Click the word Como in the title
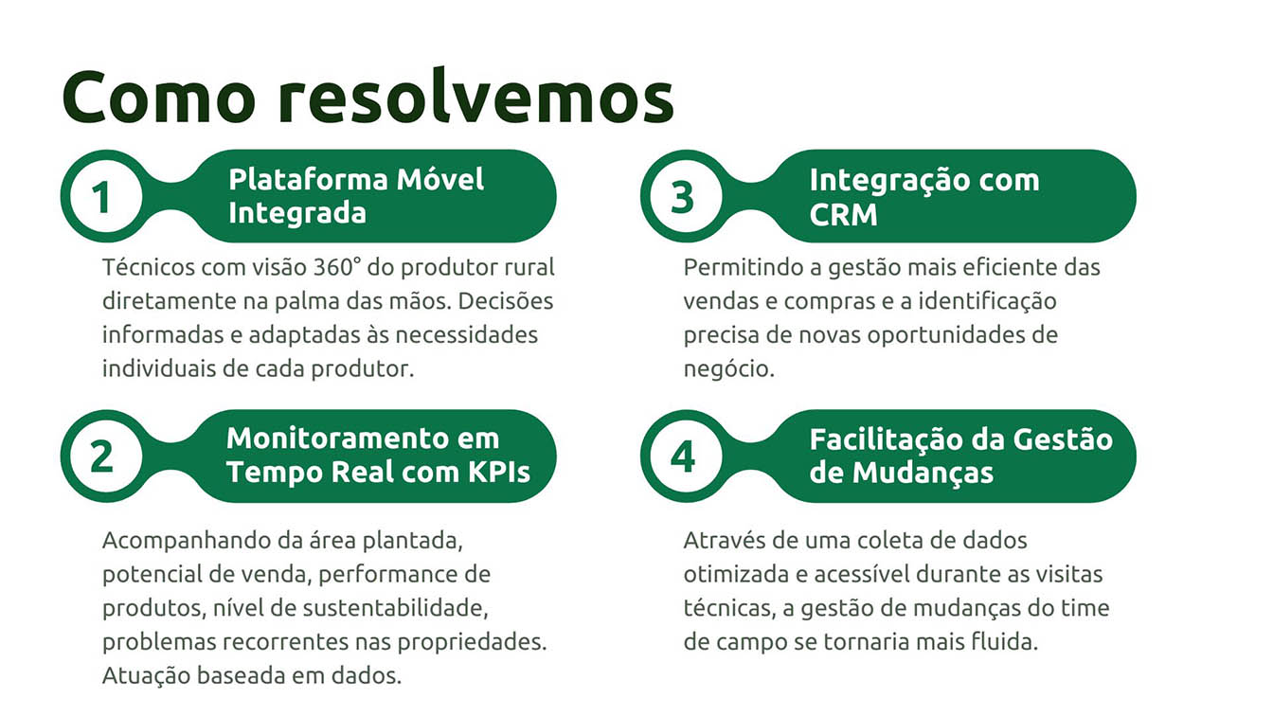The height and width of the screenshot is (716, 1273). coord(159,97)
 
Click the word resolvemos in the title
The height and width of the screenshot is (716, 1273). coord(475,96)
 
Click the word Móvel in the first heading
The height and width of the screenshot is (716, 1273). coord(439,179)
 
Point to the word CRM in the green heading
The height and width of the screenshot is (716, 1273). coord(843,215)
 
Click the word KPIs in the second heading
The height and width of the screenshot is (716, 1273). coord(499,473)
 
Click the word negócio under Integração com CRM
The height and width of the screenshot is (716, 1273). coord(728,369)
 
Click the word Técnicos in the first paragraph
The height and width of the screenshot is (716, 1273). coord(149,267)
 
